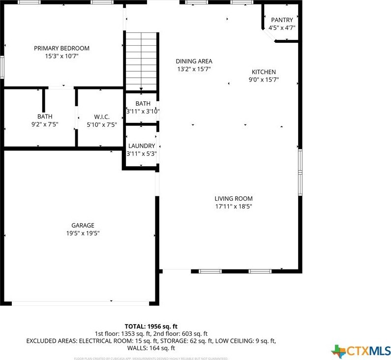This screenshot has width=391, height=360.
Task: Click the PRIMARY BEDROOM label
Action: (61, 48)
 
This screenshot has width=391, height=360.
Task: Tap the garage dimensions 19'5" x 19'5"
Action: (83, 233)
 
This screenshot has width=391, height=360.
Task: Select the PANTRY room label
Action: (282, 20)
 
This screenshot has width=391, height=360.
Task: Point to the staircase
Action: (141, 61)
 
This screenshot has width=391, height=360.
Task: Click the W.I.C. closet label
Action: (101, 117)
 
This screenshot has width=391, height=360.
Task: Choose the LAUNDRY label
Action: (142, 146)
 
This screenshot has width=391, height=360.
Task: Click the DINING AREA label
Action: (194, 61)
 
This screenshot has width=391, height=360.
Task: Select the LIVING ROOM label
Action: (233, 199)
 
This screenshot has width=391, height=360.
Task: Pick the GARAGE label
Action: (83, 225)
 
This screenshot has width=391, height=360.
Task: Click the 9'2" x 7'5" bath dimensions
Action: (44, 124)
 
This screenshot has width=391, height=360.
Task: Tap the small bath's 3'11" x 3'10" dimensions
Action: (143, 111)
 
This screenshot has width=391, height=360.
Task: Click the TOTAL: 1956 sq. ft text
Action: (151, 326)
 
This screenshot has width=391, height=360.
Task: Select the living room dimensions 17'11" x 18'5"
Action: (233, 207)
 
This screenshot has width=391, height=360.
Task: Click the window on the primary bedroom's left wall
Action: (2, 66)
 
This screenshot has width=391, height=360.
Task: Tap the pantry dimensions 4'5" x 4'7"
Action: (282, 28)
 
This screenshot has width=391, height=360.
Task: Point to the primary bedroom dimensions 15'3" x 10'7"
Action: (61, 56)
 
